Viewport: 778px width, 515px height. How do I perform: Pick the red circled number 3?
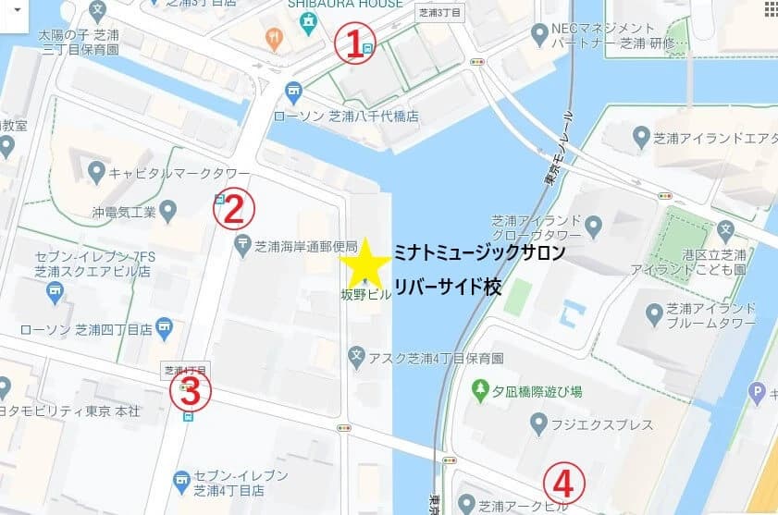[190, 392]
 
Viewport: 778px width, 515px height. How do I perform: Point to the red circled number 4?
[562, 481]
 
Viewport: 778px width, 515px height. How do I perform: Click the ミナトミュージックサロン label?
[478, 251]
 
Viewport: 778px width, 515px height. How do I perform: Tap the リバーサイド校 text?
[448, 287]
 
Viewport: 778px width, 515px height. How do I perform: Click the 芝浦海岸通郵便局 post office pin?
[242, 245]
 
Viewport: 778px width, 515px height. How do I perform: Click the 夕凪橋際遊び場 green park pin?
[480, 391]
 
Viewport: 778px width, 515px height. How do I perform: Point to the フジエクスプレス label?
[604, 424]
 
